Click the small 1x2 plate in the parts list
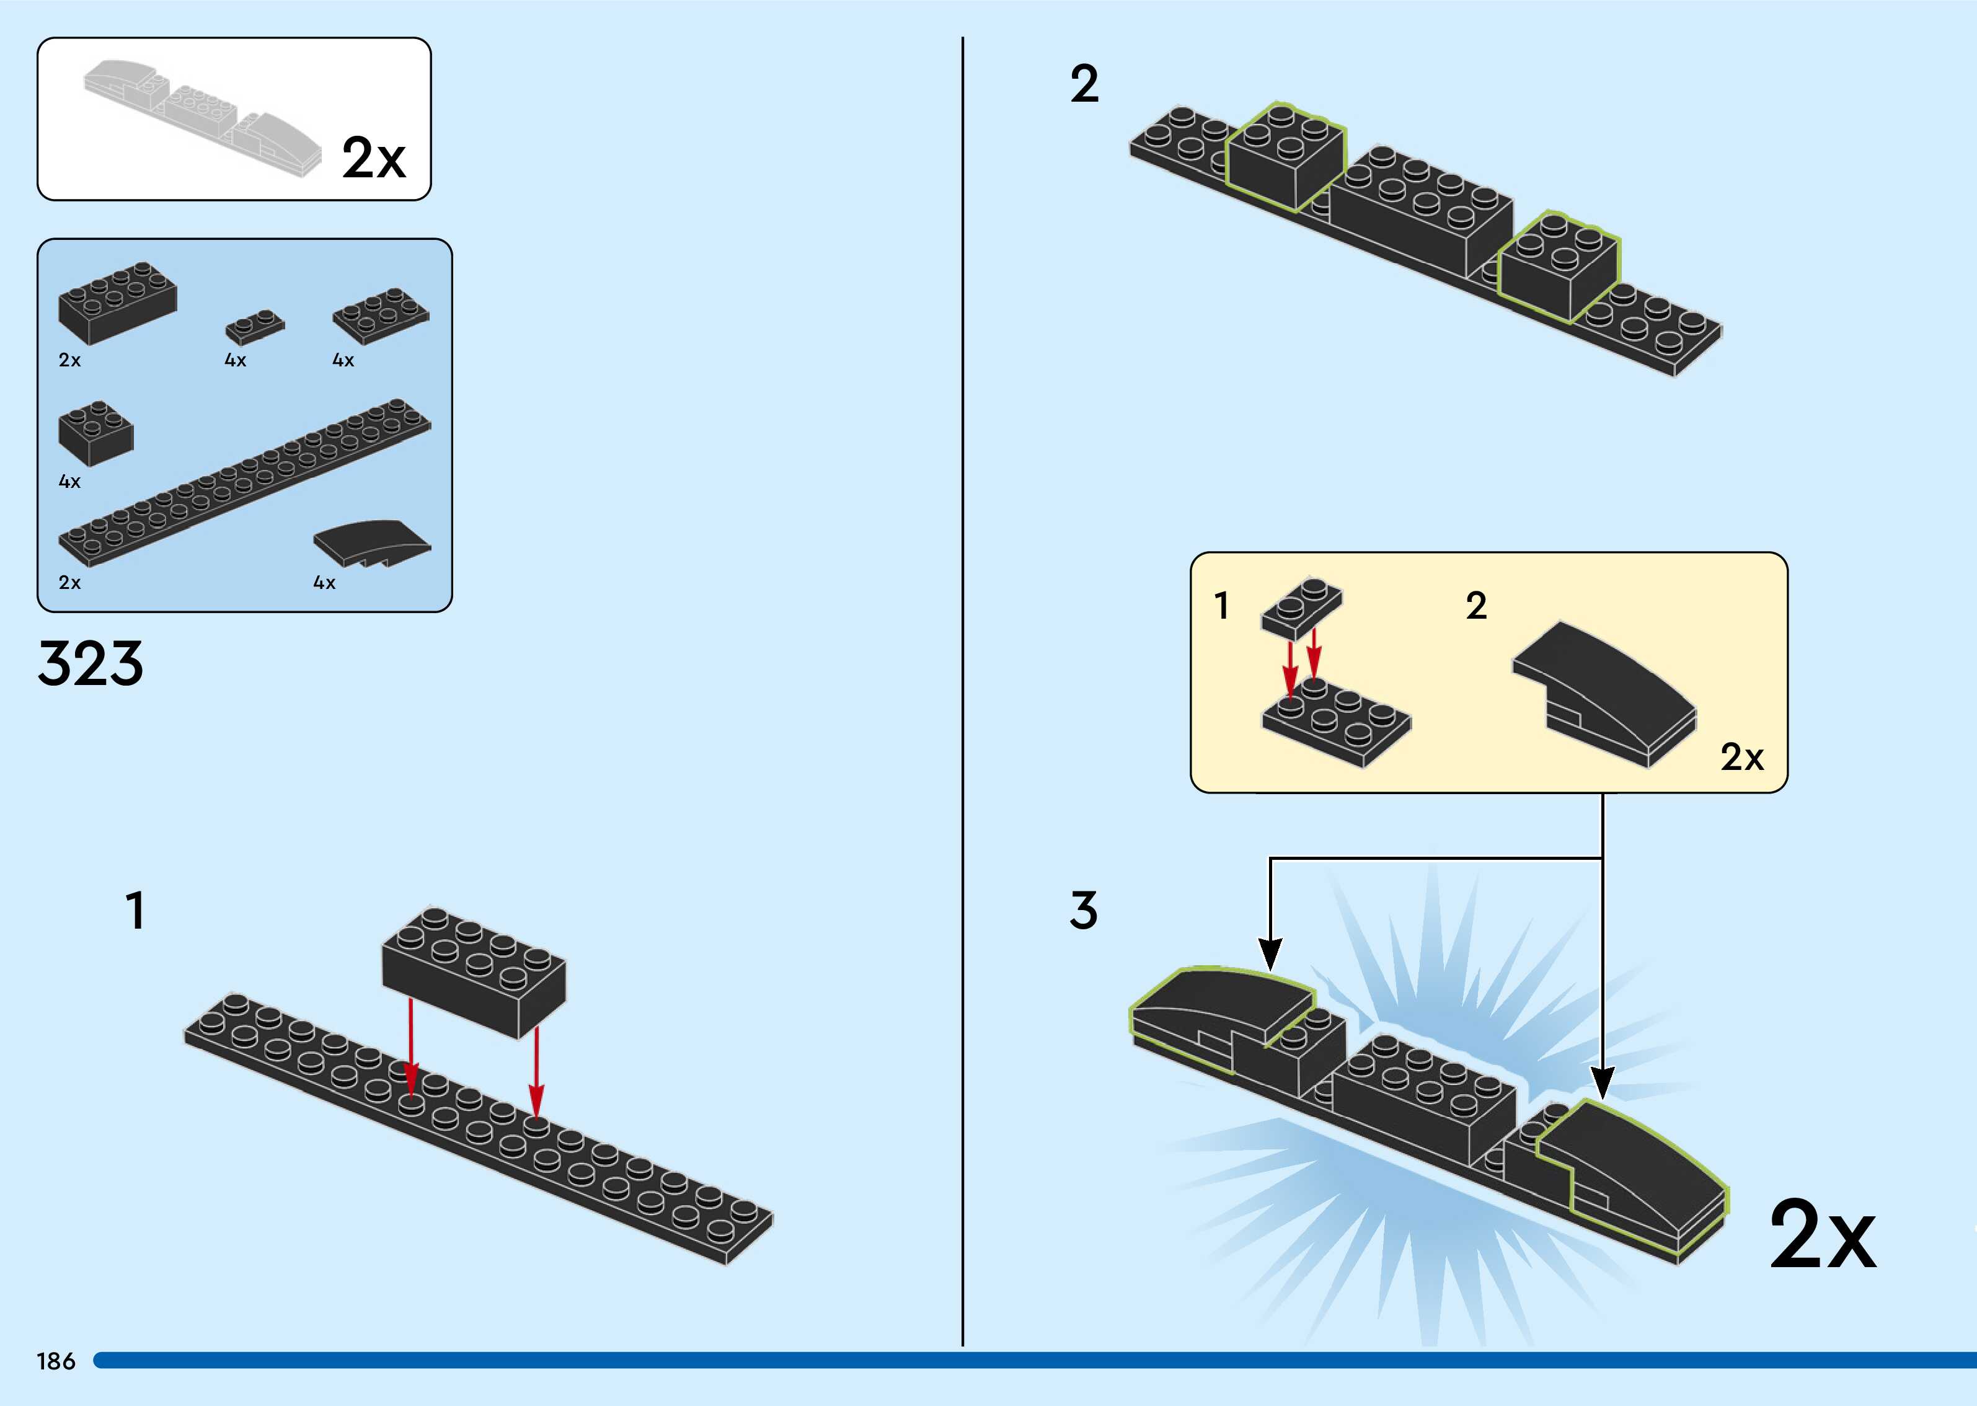[254, 326]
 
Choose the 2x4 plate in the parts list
[381, 314]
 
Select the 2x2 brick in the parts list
[95, 432]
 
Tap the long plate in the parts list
[244, 482]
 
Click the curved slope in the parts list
[372, 544]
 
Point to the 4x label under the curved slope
[324, 583]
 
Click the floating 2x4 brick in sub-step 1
[474, 971]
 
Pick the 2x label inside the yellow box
[1741, 758]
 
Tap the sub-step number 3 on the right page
[1084, 911]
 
